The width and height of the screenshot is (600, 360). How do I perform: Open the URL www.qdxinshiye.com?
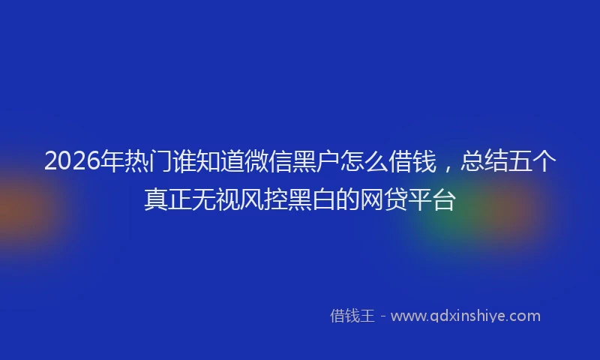click(466, 316)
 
